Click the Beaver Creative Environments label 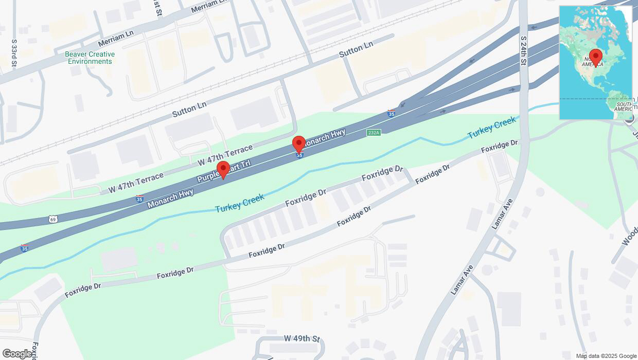click(90, 58)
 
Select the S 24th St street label click(523, 50)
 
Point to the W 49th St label click(302, 338)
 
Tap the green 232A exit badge click(374, 133)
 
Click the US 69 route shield click(53, 220)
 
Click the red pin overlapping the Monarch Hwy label click(298, 145)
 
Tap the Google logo click(17, 353)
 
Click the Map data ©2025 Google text click(606, 356)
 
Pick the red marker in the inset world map click(596, 57)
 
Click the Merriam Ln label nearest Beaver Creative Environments click(116, 36)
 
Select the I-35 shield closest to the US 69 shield click(139, 199)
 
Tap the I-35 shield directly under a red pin click(299, 155)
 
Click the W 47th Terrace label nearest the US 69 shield click(135, 183)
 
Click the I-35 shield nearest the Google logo click(24, 248)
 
